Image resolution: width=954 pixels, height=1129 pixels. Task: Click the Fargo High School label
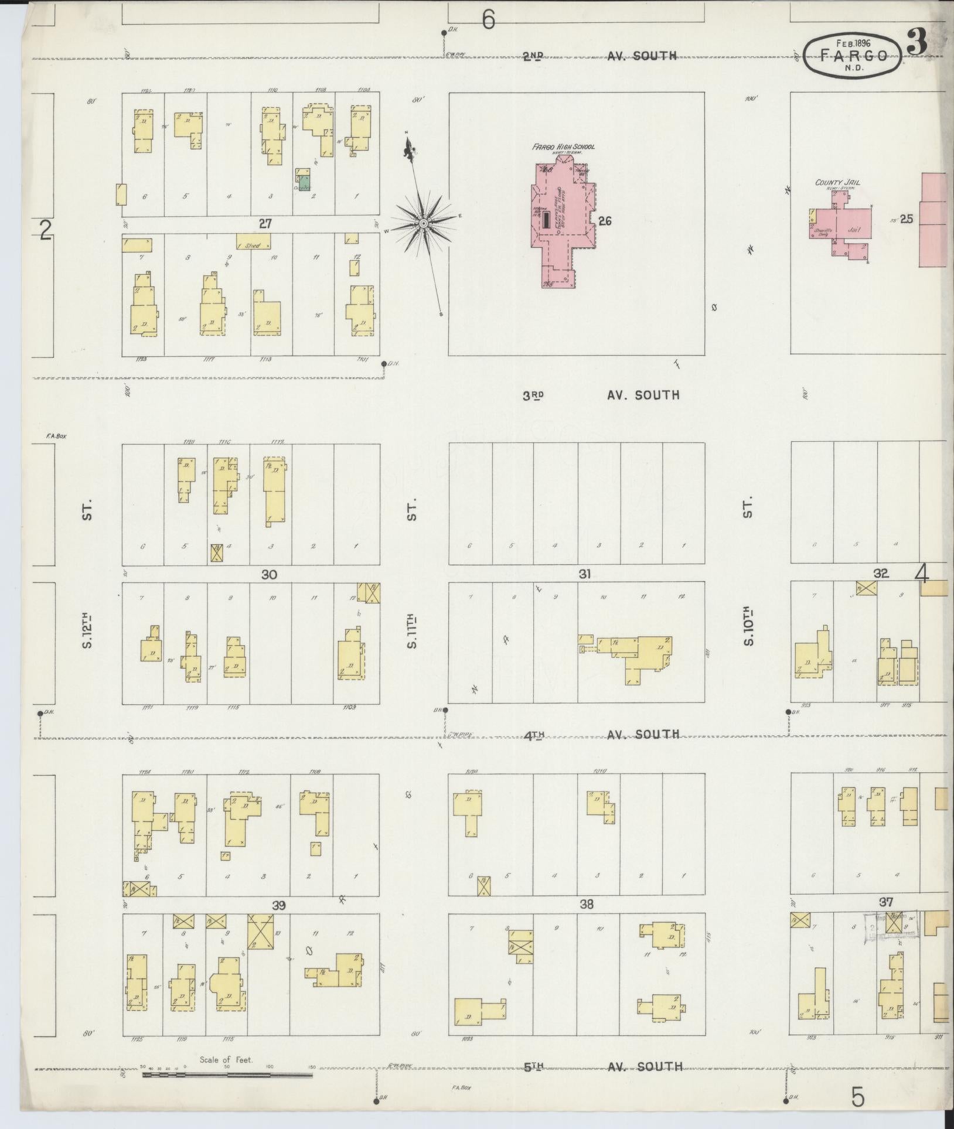click(563, 146)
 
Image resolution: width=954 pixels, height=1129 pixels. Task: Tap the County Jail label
click(837, 183)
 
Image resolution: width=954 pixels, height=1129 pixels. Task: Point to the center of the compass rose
click(422, 224)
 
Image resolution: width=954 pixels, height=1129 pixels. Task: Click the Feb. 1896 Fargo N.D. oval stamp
click(853, 56)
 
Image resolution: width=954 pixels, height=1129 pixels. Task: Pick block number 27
click(266, 223)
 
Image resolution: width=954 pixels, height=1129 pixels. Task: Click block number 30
click(269, 575)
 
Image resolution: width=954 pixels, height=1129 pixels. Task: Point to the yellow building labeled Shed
click(253, 241)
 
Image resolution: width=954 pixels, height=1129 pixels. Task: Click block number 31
click(584, 574)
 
